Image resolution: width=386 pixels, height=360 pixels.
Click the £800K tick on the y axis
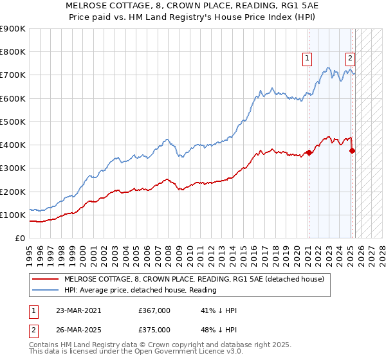pyautogui.click(x=13, y=52)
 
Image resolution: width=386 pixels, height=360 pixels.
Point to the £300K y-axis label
pyautogui.click(x=13, y=168)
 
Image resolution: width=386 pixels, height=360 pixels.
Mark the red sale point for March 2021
pyautogui.click(x=309, y=152)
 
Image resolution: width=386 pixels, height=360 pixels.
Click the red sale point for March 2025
pyautogui.click(x=352, y=150)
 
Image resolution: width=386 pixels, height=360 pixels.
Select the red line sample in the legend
pyautogui.click(x=45, y=280)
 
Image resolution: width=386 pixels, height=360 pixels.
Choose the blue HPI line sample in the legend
pyautogui.click(x=45, y=290)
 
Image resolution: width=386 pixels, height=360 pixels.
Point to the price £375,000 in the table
pyautogui.click(x=154, y=330)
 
